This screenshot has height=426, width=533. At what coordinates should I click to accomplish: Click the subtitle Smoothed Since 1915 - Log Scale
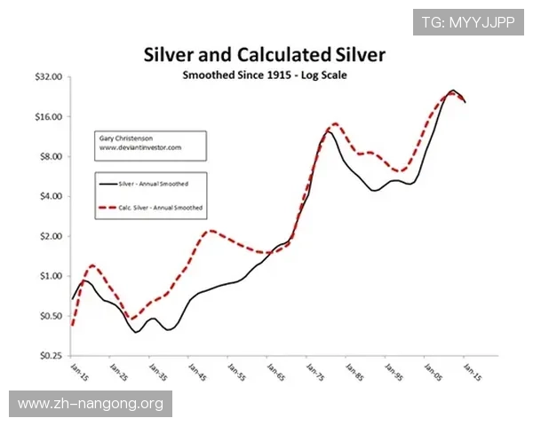point(264,75)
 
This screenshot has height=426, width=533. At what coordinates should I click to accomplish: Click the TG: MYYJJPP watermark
point(467,21)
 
